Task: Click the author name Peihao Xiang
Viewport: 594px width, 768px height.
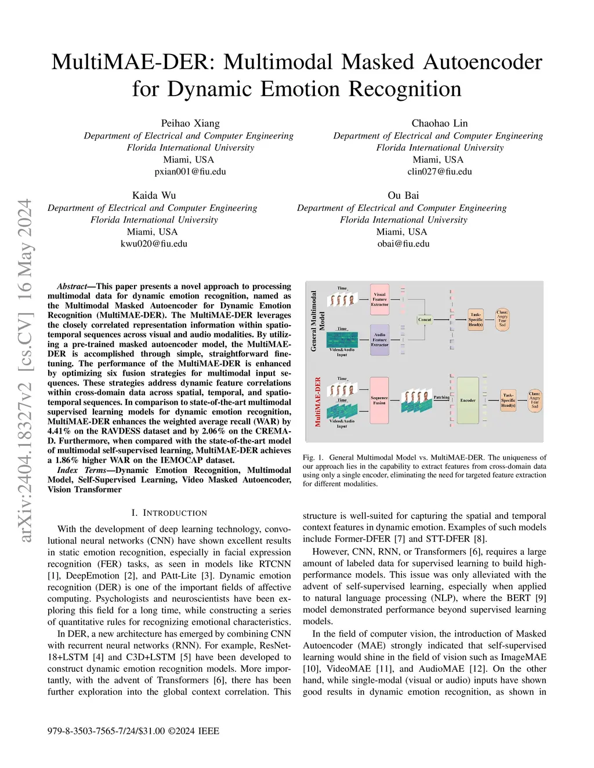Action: click(190, 123)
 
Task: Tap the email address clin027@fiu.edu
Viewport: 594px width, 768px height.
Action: click(439, 172)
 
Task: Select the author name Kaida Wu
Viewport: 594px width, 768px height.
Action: click(154, 195)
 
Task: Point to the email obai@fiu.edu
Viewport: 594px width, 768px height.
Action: click(403, 243)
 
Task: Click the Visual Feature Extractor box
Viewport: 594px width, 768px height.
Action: click(379, 299)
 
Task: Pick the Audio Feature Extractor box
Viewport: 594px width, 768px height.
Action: click(379, 340)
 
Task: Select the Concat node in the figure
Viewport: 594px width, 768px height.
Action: click(425, 319)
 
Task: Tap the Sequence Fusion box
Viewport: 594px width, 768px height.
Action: click(379, 400)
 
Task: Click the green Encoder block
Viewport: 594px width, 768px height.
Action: click(468, 400)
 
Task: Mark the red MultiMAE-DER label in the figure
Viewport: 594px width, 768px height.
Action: click(318, 402)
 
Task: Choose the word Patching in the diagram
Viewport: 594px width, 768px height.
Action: click(441, 397)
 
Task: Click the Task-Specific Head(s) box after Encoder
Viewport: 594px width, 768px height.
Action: click(508, 400)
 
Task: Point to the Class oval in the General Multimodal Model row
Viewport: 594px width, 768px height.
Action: click(502, 319)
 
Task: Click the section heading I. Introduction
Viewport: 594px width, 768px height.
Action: click(169, 513)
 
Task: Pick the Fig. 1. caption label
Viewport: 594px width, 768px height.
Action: click(313, 457)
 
